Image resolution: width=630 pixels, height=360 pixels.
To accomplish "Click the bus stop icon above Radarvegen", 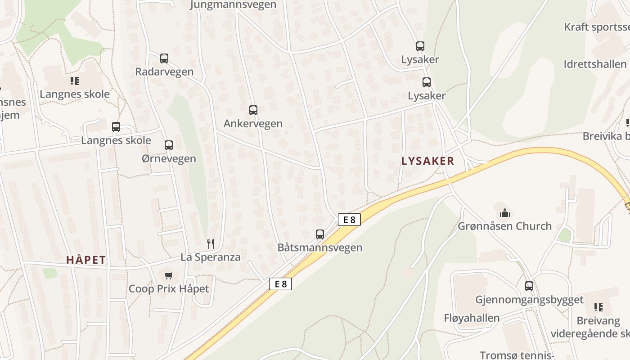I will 164,58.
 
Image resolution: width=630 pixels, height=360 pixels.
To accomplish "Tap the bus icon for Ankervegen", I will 253,110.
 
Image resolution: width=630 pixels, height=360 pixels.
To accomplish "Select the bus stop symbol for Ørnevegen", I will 169,145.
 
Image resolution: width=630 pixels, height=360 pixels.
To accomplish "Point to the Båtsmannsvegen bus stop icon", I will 320,234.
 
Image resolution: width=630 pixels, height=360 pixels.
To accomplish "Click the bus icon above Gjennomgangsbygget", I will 529,286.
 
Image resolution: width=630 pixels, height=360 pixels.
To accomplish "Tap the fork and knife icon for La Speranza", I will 211,244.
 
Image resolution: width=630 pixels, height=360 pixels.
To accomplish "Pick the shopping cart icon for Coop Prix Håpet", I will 169,275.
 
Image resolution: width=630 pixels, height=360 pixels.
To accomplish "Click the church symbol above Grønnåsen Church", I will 505,212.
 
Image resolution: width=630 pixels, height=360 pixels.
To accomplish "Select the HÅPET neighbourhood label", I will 86,260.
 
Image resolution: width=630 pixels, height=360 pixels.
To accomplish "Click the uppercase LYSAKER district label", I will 427,161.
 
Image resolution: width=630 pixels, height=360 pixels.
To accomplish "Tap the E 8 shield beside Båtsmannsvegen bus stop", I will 349,220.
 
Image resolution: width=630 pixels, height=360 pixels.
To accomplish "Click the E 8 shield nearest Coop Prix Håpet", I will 280,284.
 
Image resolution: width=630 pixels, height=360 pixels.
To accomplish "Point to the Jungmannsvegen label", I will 233,5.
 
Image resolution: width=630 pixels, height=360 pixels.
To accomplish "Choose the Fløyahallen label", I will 472,318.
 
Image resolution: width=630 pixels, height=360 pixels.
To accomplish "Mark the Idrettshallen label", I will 595,64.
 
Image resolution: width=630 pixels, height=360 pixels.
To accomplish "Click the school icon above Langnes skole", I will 75,81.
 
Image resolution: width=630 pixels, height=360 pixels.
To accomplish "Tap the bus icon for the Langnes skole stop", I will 116,127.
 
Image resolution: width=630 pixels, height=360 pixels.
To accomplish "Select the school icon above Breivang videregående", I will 598,307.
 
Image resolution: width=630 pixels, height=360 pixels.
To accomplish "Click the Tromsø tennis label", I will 517,355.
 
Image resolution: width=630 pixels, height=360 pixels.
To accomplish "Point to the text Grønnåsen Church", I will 505,226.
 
